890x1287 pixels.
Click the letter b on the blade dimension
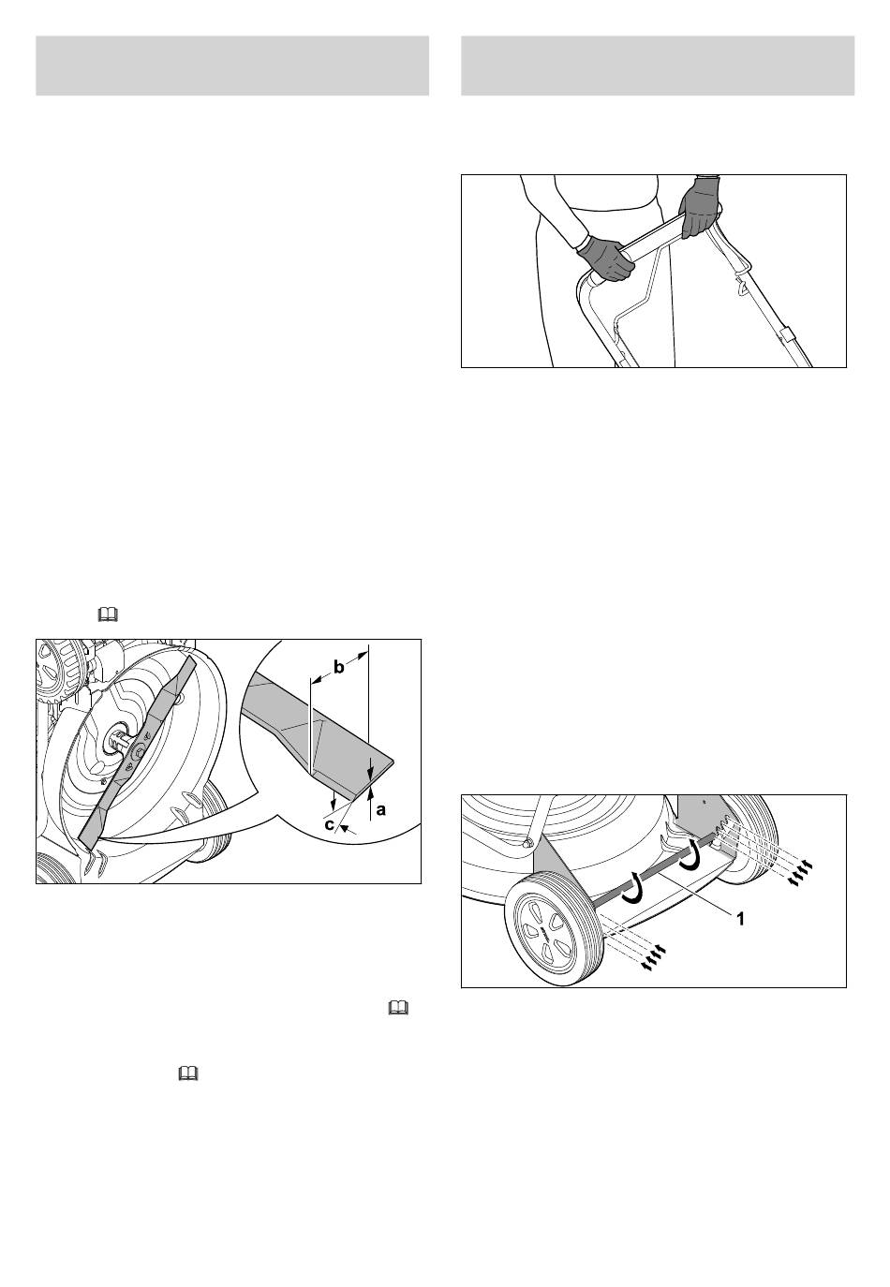tap(338, 668)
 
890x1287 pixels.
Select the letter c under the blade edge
tap(329, 825)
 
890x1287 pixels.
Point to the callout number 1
tap(741, 919)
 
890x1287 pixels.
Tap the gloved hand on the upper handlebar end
tap(700, 206)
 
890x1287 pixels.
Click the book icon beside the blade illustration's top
tap(108, 616)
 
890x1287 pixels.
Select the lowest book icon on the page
tap(188, 1072)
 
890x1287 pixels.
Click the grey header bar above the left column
tap(232, 66)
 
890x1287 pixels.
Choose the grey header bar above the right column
tap(658, 66)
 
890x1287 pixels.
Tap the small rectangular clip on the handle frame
tap(787, 335)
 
